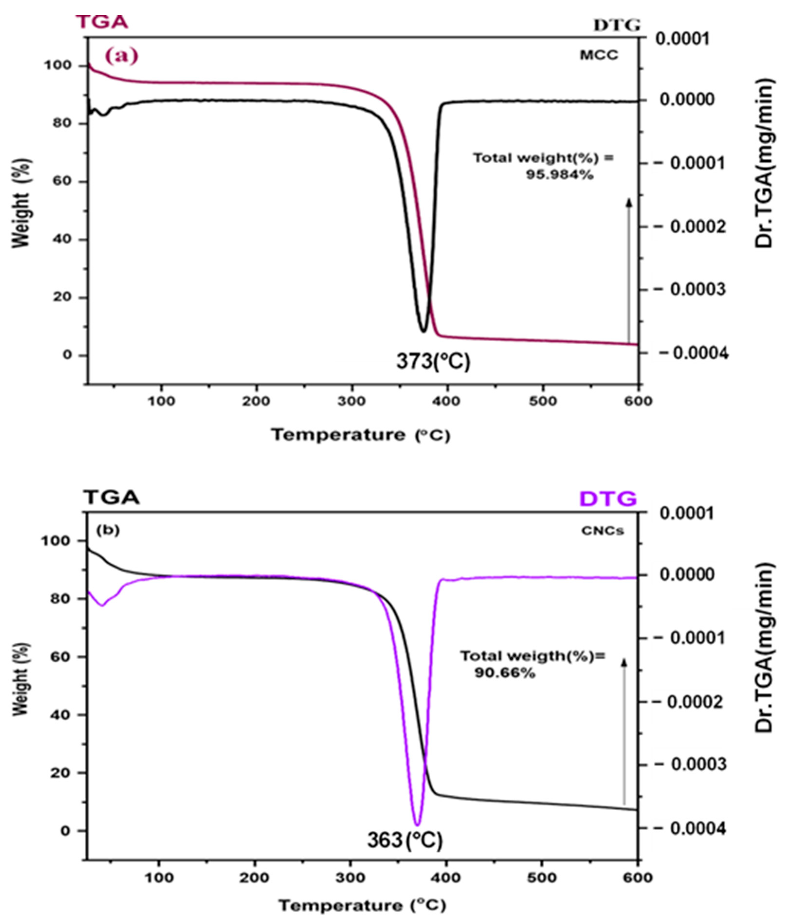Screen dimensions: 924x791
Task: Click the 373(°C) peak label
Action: pos(433,361)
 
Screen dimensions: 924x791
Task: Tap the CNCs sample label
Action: pos(602,531)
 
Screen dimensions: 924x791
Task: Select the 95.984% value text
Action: pos(560,175)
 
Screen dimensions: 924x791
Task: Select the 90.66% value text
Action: pos(504,672)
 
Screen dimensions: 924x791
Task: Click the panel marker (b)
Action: pos(108,530)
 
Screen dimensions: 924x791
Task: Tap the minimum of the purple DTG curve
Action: pos(417,824)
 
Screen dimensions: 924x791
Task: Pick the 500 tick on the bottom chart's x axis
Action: pos(542,878)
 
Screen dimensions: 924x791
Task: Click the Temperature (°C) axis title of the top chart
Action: pos(361,434)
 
